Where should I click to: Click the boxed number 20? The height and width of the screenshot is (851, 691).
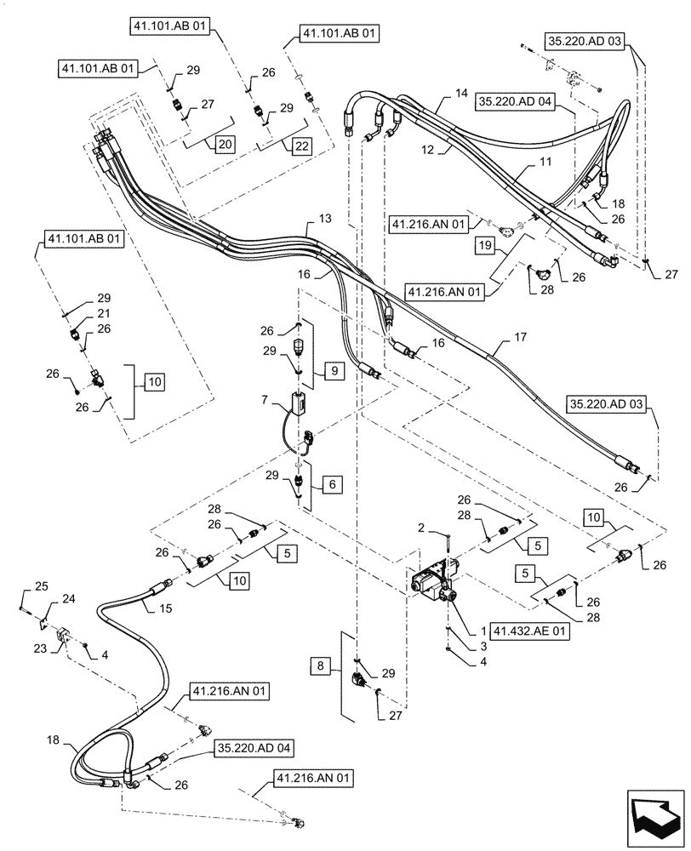[225, 144]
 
